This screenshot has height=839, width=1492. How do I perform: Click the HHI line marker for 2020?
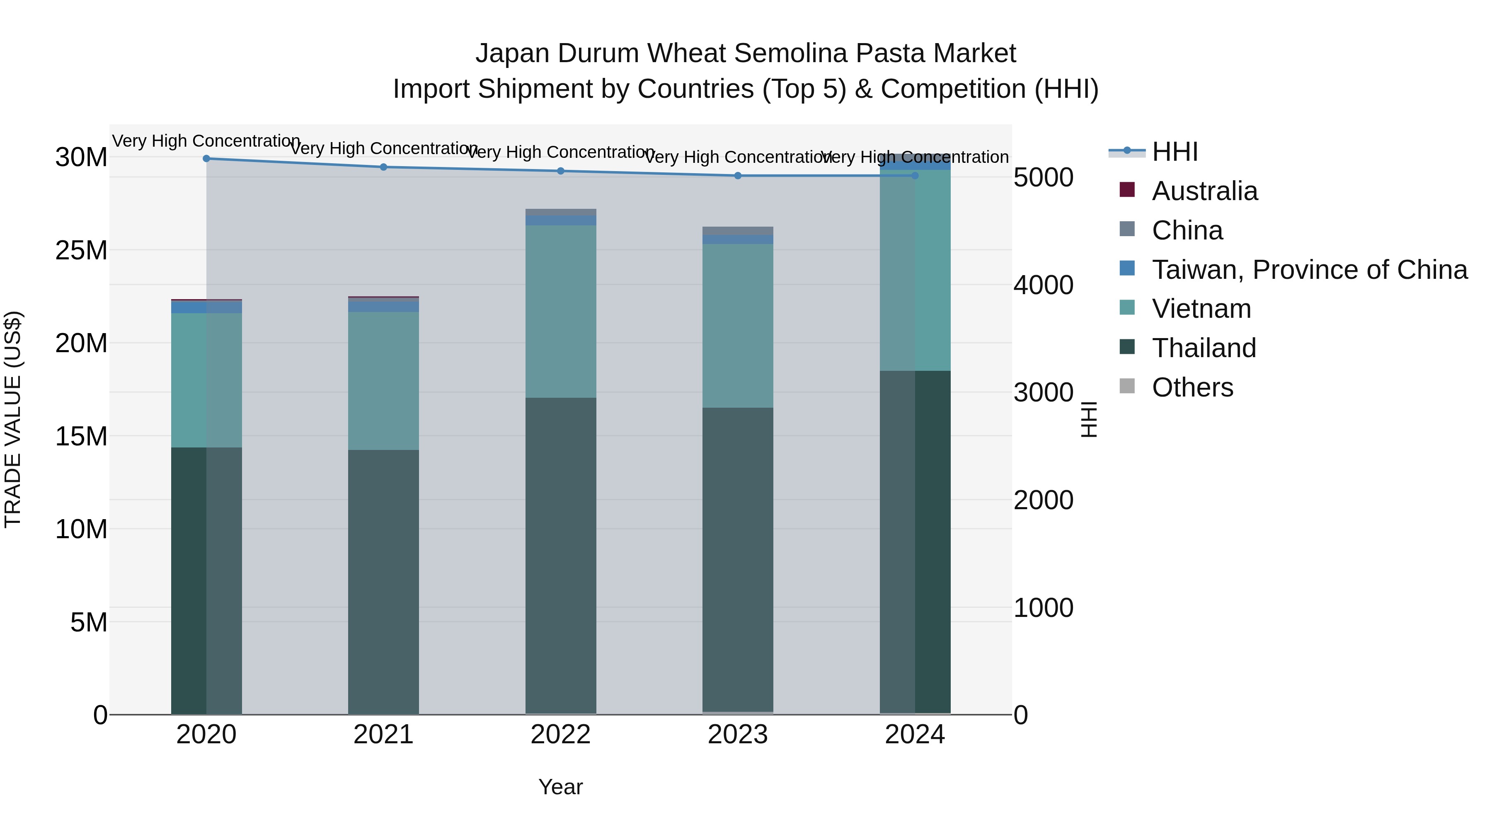pos(206,159)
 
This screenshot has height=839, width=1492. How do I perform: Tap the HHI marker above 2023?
pos(738,175)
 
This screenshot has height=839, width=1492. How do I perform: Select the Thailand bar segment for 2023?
pos(738,559)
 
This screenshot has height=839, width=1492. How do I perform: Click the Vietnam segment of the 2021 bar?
pos(383,381)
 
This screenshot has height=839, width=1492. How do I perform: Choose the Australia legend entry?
pos(1205,191)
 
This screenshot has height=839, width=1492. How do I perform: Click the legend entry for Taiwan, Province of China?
pos(1309,270)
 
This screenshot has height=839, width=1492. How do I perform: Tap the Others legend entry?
pos(1192,387)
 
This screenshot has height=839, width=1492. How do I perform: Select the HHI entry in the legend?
pos(1175,152)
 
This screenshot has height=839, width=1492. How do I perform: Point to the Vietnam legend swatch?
pos(1127,307)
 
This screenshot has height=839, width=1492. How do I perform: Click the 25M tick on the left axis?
pos(81,251)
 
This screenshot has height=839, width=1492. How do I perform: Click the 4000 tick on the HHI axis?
pos(1043,285)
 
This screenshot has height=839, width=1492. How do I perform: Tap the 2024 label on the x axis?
pos(915,735)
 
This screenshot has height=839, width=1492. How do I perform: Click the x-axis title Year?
pos(560,787)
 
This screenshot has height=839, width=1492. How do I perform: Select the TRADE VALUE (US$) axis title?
pos(13,419)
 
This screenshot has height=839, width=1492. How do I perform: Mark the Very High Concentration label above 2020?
pos(206,141)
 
